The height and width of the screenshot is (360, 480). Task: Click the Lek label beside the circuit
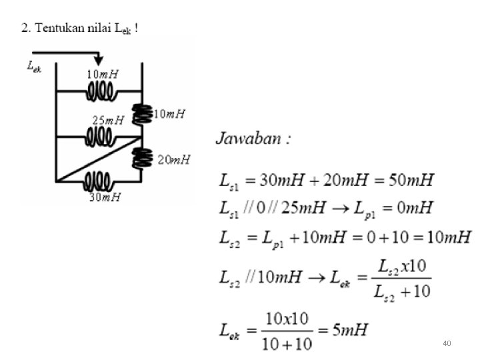33,65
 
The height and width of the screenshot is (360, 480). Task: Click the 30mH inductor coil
98,181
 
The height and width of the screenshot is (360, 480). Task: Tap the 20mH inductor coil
141,159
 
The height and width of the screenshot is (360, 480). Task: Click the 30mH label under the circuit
105,197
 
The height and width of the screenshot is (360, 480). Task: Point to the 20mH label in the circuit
174,159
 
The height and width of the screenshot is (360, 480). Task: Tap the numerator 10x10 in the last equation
286,319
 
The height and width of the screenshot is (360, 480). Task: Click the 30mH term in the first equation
281,180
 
